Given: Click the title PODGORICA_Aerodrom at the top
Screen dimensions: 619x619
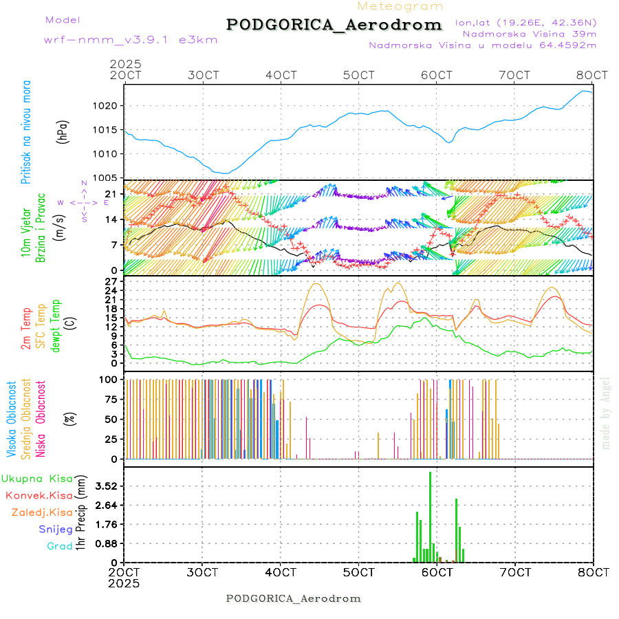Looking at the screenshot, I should pyautogui.click(x=334, y=25).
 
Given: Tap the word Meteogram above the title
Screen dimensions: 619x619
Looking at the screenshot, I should pyautogui.click(x=400, y=6).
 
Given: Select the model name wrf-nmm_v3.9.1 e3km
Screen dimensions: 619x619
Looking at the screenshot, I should pyautogui.click(x=111, y=39).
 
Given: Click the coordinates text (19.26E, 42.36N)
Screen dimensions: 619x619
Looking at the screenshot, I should pyautogui.click(x=526, y=22).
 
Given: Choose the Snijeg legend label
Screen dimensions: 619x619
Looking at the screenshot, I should pyautogui.click(x=52, y=530).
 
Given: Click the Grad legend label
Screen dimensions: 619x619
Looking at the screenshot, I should pyautogui.click(x=59, y=546).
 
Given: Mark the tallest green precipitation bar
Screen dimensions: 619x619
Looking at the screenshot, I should pyautogui.click(x=430, y=516).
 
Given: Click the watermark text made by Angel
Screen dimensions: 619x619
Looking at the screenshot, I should pyautogui.click(x=606, y=413).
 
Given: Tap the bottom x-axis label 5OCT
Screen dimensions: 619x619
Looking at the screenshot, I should pyautogui.click(x=358, y=572).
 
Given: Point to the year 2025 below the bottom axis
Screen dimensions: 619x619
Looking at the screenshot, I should pyautogui.click(x=124, y=583).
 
